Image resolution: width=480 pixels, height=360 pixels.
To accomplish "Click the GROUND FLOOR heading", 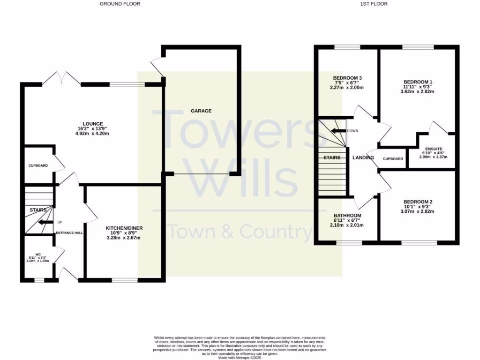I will point(120,4).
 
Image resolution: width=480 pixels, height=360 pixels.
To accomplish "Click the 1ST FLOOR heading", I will point(374,4).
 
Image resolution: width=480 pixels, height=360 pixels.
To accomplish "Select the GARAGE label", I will point(201,111).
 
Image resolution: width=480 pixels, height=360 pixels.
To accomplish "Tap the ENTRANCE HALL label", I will point(69,233).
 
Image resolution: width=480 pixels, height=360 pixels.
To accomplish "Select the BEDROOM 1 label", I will point(418,82).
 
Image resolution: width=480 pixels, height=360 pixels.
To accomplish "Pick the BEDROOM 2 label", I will point(418,202).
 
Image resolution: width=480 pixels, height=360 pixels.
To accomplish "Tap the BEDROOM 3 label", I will point(347,78).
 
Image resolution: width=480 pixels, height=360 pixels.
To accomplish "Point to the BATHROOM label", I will point(347,215).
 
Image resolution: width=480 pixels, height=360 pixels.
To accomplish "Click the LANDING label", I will point(363,157).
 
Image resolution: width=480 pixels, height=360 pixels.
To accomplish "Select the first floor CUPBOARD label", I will point(393,159).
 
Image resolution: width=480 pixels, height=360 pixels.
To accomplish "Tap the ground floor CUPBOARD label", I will point(38,165).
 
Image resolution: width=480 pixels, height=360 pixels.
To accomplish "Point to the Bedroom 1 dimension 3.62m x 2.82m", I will point(418,91).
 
